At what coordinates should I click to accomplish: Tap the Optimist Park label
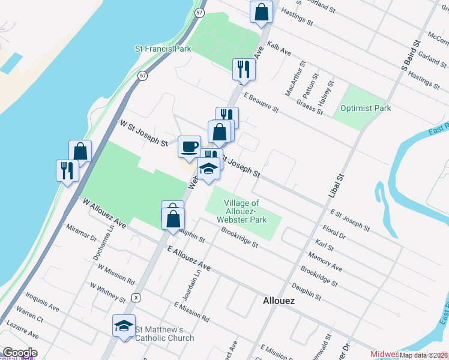tap(365, 108)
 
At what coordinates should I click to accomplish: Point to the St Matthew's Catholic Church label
tap(164, 334)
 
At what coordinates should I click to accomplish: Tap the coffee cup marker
tap(189, 147)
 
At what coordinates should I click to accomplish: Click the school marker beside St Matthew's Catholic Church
tap(124, 326)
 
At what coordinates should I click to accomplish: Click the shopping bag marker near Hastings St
tap(261, 12)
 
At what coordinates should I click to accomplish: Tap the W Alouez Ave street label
tap(104, 214)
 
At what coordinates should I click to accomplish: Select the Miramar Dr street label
tap(81, 233)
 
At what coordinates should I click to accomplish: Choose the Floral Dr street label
tap(334, 232)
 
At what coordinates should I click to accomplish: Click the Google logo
tap(19, 353)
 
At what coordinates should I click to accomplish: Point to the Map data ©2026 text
tap(424, 355)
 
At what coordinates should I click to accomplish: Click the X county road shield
tap(137, 298)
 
